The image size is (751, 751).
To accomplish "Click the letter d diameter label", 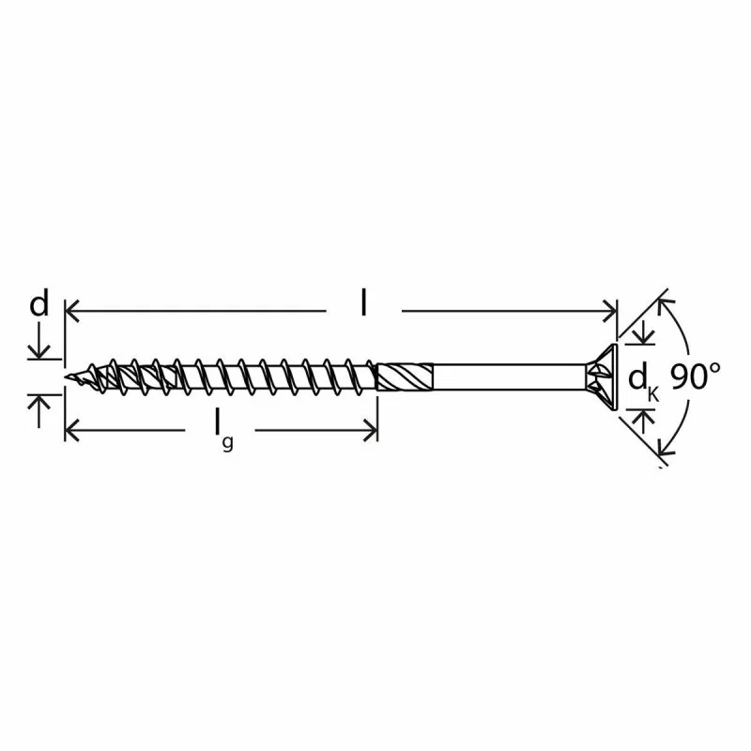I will click(x=38, y=304).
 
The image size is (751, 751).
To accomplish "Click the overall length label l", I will click(x=364, y=302).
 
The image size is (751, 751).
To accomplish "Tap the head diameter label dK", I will click(x=642, y=380).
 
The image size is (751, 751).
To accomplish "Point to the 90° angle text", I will click(x=696, y=376).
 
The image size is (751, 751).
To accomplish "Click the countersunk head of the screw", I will click(x=603, y=377).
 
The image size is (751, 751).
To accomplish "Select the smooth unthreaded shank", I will click(x=507, y=377).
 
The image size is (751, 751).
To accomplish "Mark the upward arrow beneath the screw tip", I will click(x=38, y=403).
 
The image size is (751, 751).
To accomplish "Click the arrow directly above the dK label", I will click(x=643, y=336).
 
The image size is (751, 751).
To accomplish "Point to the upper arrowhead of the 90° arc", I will click(x=664, y=304).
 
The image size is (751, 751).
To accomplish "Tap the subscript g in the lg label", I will click(x=227, y=443).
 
